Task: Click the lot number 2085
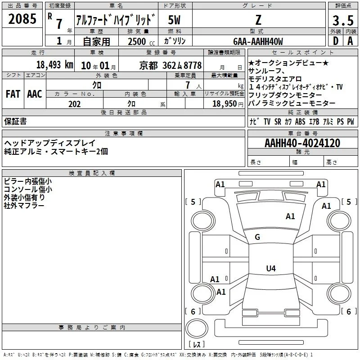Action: point(22,19)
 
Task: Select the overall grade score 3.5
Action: point(343,20)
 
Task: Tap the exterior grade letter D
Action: point(336,41)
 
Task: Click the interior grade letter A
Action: point(350,41)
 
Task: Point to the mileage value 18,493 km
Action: point(55,65)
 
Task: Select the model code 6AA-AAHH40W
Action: point(258,41)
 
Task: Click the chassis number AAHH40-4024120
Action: point(302,143)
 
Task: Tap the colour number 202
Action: point(74,104)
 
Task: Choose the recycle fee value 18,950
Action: point(225,103)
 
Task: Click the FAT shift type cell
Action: point(13,94)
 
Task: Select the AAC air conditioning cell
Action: point(35,94)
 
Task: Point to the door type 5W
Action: point(174,20)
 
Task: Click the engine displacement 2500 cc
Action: point(141,41)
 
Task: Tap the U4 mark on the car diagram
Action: point(271,268)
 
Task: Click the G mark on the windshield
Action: point(257,237)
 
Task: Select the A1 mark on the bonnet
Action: point(290,216)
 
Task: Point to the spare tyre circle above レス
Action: point(197,328)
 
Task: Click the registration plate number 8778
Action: point(193,65)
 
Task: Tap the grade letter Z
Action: point(258,20)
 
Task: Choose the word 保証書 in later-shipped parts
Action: point(15,121)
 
